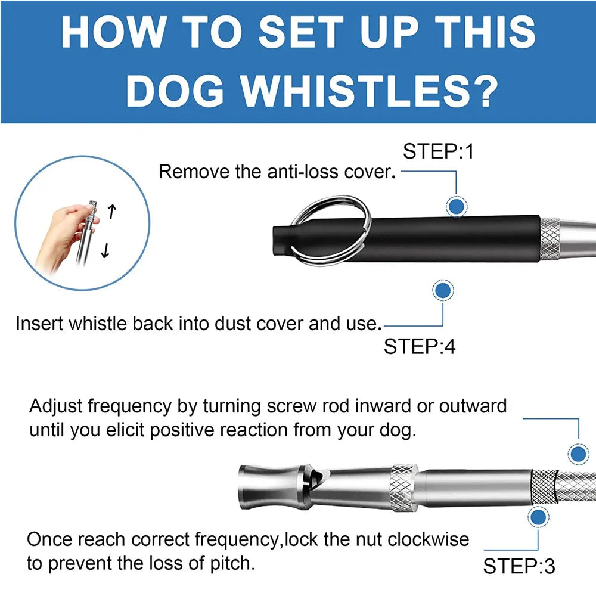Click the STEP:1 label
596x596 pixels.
[x=438, y=151]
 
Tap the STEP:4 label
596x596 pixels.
[x=419, y=347]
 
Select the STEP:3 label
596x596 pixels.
[x=519, y=566]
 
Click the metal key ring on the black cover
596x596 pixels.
[x=330, y=229]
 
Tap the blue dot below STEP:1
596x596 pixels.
[x=456, y=206]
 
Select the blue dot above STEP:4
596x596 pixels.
[x=443, y=291]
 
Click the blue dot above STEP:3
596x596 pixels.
[x=538, y=517]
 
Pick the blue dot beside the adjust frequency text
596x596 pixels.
[x=578, y=454]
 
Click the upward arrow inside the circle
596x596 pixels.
[x=111, y=212]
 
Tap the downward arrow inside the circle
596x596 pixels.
[x=105, y=250]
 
